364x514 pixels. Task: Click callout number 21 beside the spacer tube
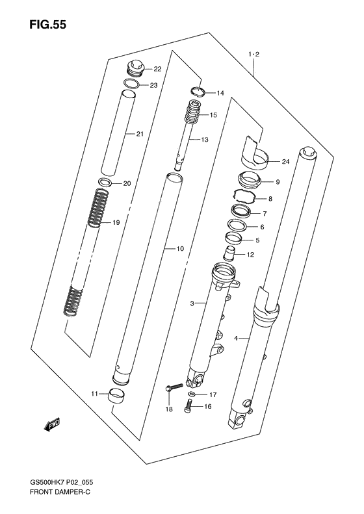[x=139, y=135]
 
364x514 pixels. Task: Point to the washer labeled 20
[x=105, y=182]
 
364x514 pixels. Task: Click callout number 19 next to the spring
[x=116, y=223]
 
